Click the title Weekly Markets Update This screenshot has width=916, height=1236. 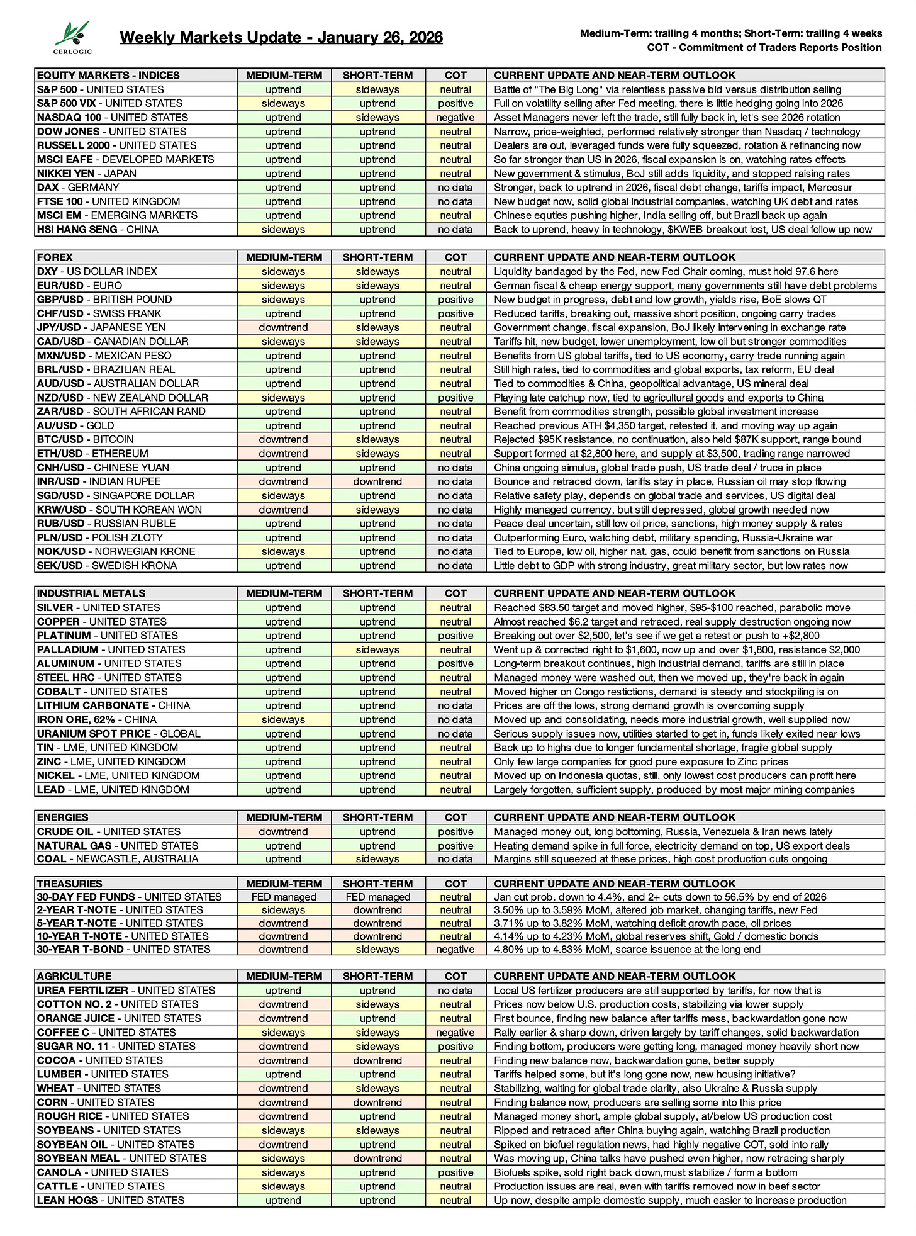click(281, 37)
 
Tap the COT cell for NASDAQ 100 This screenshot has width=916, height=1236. click(455, 118)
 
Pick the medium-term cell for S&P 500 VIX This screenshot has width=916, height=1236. click(283, 103)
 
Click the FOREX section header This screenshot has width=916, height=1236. click(55, 257)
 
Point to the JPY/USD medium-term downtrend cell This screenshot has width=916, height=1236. click(283, 327)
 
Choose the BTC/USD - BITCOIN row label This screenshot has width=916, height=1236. click(86, 439)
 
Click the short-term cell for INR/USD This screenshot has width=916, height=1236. click(377, 481)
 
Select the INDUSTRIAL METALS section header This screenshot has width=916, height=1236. click(91, 593)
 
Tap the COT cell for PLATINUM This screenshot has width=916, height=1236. click(455, 636)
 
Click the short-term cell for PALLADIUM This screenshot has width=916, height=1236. click(377, 649)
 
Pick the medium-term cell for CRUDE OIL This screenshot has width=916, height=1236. click(283, 832)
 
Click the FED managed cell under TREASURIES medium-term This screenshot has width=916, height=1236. click(283, 897)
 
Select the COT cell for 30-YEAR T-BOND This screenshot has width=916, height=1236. click(455, 949)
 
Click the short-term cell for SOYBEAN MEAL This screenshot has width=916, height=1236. click(377, 1158)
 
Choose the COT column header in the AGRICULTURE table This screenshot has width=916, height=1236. click(455, 976)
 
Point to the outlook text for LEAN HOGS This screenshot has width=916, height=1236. click(670, 1200)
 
